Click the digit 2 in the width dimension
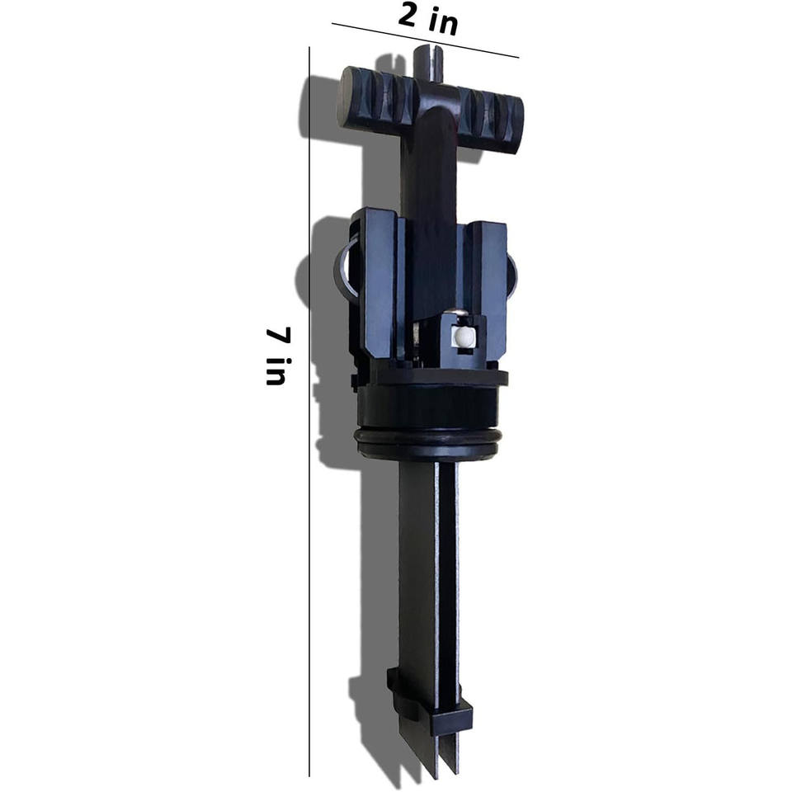click(x=409, y=15)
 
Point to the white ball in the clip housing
click(x=464, y=337)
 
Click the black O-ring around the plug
click(x=429, y=438)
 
